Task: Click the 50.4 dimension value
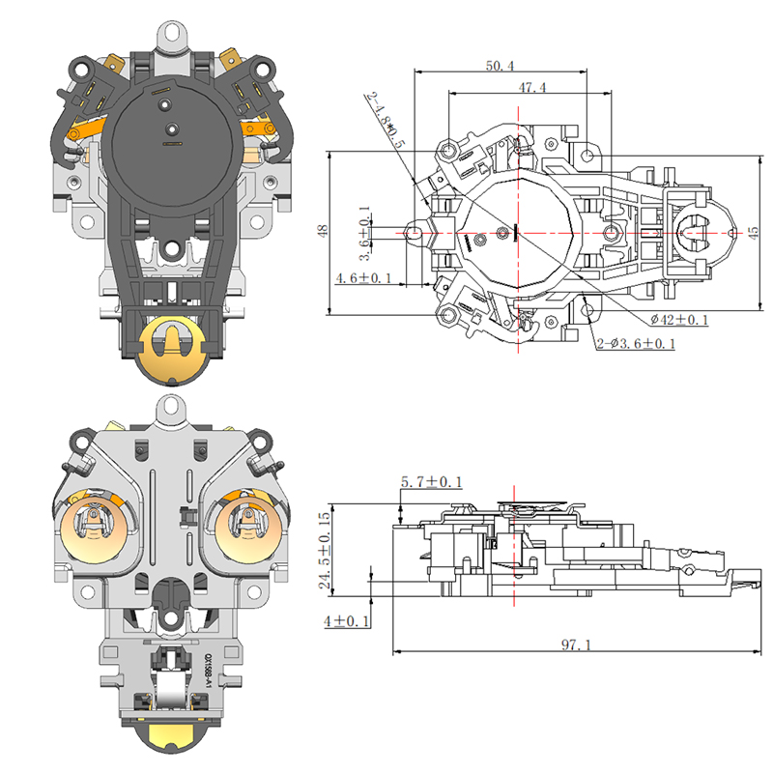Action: click(500, 65)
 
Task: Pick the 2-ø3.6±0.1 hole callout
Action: click(636, 344)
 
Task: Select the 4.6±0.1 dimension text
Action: click(363, 278)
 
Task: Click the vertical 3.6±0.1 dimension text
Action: click(364, 233)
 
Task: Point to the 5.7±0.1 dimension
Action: click(431, 481)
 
